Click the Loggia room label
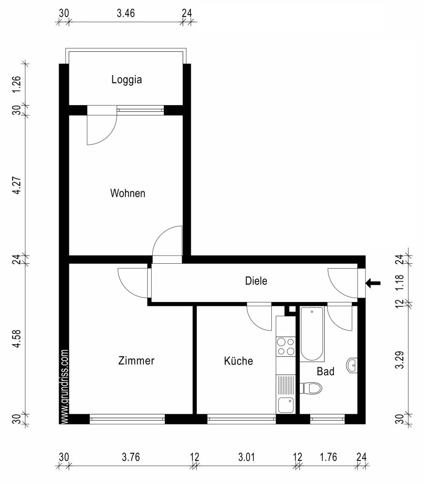[x=126, y=80]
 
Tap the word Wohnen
[x=128, y=194]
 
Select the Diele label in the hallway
[x=256, y=281]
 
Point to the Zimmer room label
[x=136, y=361]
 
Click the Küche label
[x=238, y=361]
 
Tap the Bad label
[x=325, y=372]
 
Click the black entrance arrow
[x=374, y=283]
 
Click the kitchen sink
[x=285, y=404]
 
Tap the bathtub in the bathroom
[x=311, y=334]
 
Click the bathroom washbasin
[x=352, y=365]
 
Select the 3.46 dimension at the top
[x=126, y=13]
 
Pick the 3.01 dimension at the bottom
[x=246, y=456]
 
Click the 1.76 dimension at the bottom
[x=328, y=456]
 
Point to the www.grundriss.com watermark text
[x=64, y=387]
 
